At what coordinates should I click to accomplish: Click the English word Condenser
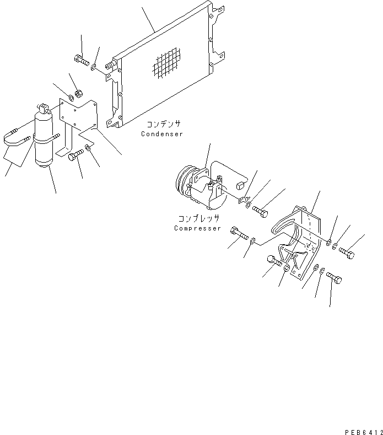[161, 134]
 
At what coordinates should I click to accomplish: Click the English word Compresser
[197, 228]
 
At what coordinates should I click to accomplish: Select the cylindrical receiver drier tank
[42, 138]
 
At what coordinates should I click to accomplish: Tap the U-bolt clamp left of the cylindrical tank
[15, 138]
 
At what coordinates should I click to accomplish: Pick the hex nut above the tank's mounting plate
[78, 93]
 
